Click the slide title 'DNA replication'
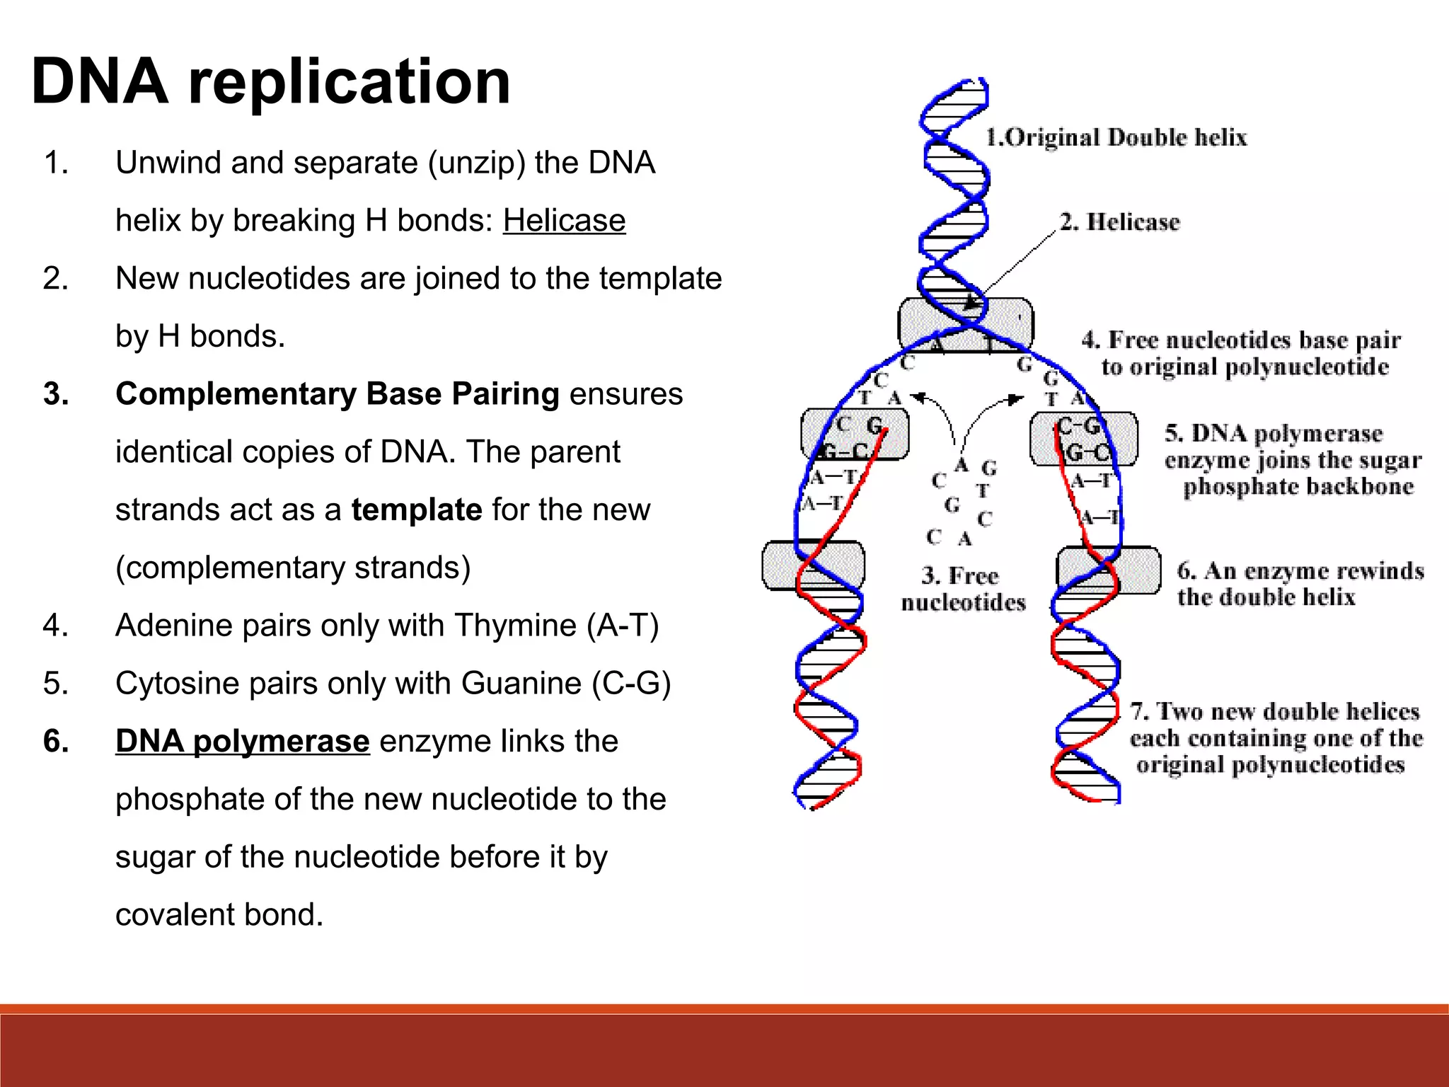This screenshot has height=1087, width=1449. tap(271, 81)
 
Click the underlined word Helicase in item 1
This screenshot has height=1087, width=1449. tap(564, 221)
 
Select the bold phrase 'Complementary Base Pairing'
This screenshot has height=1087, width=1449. tap(337, 394)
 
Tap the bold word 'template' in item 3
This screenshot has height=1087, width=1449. tap(417, 510)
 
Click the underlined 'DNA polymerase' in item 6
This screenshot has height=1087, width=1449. tap(243, 741)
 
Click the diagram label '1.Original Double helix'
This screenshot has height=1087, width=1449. tap(1116, 137)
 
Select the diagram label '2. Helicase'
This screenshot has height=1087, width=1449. tap(1119, 222)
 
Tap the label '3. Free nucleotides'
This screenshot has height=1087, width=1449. tap(962, 589)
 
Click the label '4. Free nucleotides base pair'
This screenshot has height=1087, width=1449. tap(1241, 340)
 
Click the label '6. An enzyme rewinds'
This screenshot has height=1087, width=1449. tap(1300, 571)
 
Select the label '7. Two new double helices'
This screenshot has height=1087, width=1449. tap(1275, 711)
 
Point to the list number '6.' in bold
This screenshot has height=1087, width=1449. tap(56, 741)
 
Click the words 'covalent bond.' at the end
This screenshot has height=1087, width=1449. tap(219, 915)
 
